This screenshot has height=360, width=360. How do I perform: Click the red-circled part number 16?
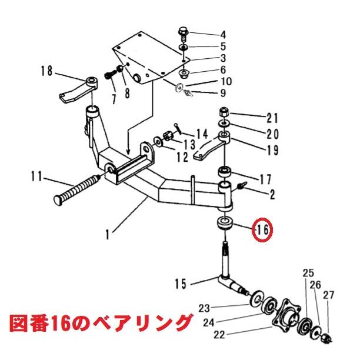pos(261,231)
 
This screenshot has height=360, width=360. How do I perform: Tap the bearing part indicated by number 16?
pos(225,224)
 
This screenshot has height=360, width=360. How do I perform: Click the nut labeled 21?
pos(225,112)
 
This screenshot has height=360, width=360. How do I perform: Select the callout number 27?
pos(328,295)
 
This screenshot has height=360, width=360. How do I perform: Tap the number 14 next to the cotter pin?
pos(202,133)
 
